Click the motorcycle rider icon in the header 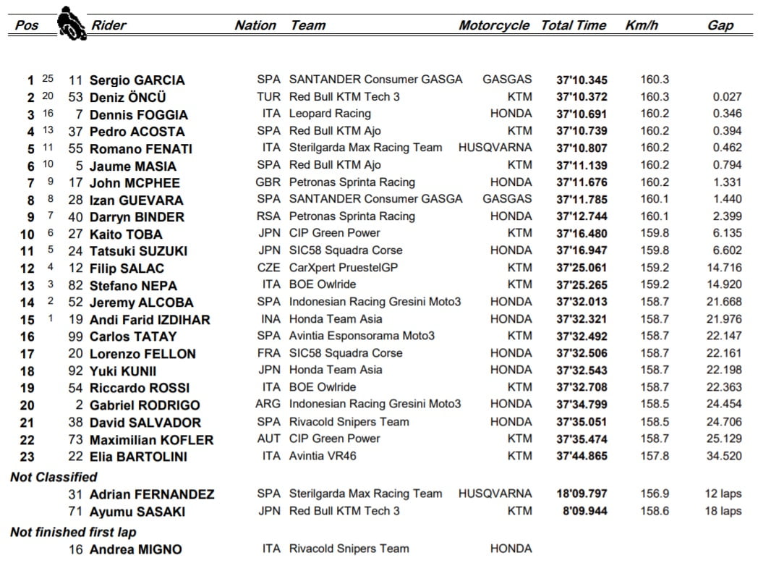(71, 22)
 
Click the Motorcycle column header (494, 25)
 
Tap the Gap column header (720, 25)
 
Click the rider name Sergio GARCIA (137, 80)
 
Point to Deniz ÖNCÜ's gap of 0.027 (726, 97)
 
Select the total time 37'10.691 (582, 114)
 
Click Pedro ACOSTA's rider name (137, 132)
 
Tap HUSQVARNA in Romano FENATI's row (495, 148)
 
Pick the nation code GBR (268, 182)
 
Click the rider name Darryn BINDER (137, 217)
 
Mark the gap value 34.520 (723, 456)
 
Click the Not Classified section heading (54, 477)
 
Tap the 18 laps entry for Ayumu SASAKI (721, 511)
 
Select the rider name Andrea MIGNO (136, 549)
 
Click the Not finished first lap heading (73, 533)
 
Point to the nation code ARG (268, 405)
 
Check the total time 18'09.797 (582, 494)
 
